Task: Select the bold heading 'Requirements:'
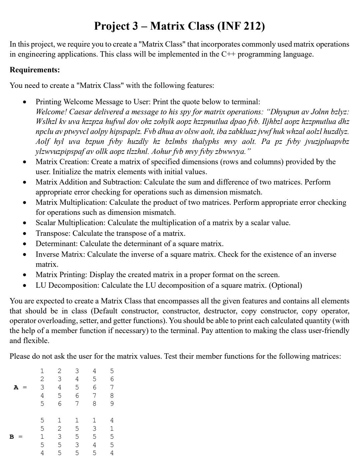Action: point(35,70)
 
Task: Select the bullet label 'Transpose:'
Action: point(53,233)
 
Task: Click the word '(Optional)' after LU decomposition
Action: point(285,285)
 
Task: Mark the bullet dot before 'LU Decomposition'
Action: point(24,286)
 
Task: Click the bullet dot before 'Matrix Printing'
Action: point(24,275)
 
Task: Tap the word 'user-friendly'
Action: point(325,331)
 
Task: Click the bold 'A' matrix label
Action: point(16,387)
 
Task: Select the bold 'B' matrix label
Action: point(12,437)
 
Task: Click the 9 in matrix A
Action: point(112,404)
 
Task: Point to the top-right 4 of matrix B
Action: point(112,420)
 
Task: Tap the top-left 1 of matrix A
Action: point(42,371)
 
